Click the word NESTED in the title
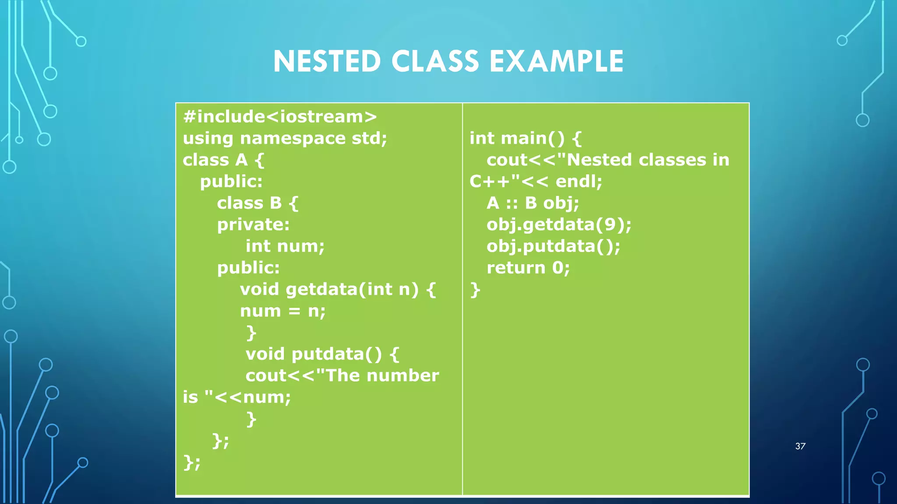pyautogui.click(x=327, y=61)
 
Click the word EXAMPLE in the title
pyautogui.click(x=556, y=61)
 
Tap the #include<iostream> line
pyautogui.click(x=280, y=117)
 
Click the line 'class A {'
pyautogui.click(x=223, y=160)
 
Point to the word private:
pyautogui.click(x=253, y=225)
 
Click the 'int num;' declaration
pyautogui.click(x=285, y=246)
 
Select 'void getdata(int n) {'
pyautogui.click(x=338, y=290)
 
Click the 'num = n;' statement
pyautogui.click(x=283, y=311)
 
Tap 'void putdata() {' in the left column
pyautogui.click(x=322, y=354)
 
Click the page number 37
pyautogui.click(x=800, y=446)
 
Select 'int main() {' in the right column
pyautogui.click(x=525, y=139)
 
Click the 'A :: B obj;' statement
pyautogui.click(x=533, y=203)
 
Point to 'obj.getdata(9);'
pyautogui.click(x=559, y=225)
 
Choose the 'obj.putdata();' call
pyautogui.click(x=553, y=246)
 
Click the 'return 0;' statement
pyautogui.click(x=528, y=268)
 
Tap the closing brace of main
pyautogui.click(x=475, y=290)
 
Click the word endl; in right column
pyautogui.click(x=579, y=182)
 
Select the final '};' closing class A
pyautogui.click(x=192, y=462)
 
